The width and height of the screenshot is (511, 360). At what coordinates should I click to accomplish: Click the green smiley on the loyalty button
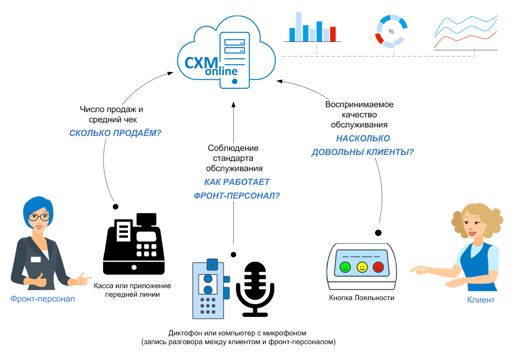tap(345, 267)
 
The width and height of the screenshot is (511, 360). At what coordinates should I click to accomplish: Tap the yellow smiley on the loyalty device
tap(362, 267)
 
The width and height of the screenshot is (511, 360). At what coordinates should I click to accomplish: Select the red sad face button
tap(378, 267)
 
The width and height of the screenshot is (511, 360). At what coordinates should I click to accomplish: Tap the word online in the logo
tap(221, 72)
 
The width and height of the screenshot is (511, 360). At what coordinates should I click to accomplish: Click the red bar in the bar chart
tap(333, 34)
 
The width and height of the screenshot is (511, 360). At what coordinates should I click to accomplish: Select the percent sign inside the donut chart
tap(391, 32)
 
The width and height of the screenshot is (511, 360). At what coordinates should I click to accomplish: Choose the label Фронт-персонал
tap(43, 299)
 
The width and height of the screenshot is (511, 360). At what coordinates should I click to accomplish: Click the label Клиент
tap(481, 300)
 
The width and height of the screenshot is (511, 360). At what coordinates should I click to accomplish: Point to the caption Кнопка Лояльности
tap(362, 298)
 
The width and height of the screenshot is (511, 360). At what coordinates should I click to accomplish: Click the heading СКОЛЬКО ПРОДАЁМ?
tap(115, 133)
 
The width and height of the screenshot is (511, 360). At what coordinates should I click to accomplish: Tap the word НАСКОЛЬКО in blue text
tap(363, 139)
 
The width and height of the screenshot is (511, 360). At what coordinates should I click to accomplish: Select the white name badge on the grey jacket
tap(35, 259)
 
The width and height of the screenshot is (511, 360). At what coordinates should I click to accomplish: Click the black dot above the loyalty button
tap(378, 233)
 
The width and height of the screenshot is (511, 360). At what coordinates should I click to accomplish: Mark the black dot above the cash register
tap(116, 207)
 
